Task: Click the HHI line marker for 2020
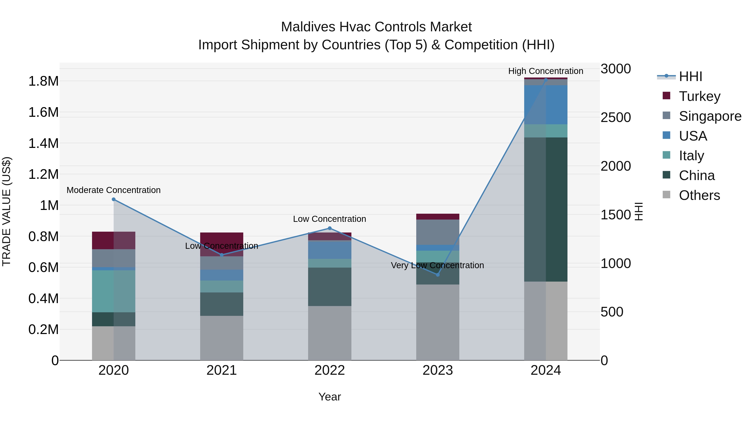[114, 199]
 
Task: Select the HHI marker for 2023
[438, 275]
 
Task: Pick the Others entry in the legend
[699, 195]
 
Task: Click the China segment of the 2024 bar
[546, 209]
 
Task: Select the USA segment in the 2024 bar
[546, 104]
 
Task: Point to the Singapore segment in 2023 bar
[438, 232]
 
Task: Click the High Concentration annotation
[546, 71]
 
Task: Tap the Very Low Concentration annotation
[437, 265]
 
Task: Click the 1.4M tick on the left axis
[43, 143]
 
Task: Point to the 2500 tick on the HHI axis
[616, 117]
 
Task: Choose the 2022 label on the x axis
[329, 370]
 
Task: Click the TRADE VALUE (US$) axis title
[6, 211]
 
